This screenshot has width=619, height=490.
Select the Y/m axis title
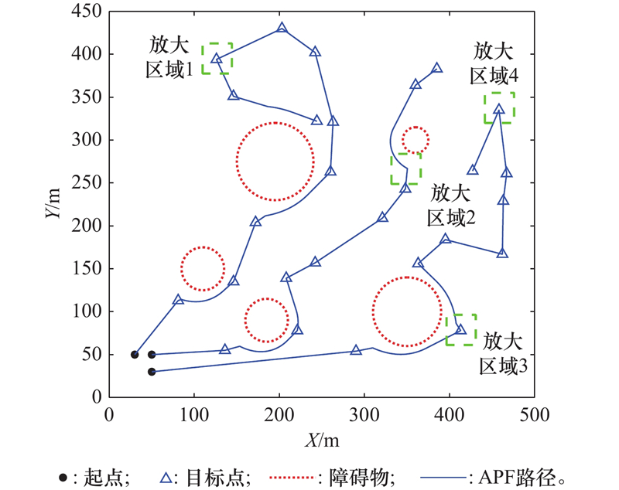coord(54,205)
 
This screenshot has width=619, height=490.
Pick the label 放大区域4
coord(495,63)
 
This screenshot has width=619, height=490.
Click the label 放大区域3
coord(504,353)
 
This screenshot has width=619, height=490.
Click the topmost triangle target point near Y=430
coord(282,28)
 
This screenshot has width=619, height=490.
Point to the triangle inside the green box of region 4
coord(499,109)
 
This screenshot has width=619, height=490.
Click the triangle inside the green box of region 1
coord(217,59)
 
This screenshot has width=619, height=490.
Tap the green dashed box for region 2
coord(405,168)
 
